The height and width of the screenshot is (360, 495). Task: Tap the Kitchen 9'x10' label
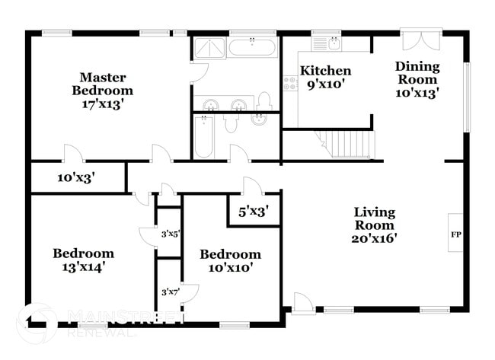[x=325, y=77]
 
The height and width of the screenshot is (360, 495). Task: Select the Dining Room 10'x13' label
[x=417, y=79]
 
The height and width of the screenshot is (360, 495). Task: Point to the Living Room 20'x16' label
[x=374, y=225]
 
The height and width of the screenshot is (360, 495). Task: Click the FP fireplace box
[x=456, y=234]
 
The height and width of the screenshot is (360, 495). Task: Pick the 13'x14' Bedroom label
[x=83, y=260]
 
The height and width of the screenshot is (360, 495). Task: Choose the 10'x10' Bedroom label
[x=230, y=261]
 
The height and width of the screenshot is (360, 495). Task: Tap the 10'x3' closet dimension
[x=75, y=179]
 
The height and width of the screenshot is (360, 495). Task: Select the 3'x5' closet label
[x=170, y=234]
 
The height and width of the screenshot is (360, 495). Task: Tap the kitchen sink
[x=332, y=43]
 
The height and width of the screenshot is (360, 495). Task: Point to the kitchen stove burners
[x=290, y=82]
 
